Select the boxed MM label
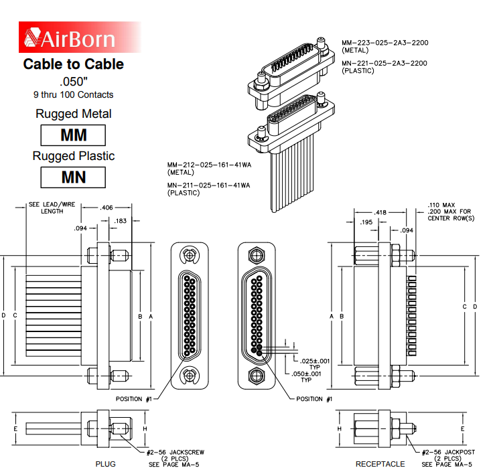[x=74, y=135]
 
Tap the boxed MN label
[x=74, y=177]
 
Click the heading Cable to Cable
[x=74, y=64]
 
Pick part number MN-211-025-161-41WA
[x=208, y=185]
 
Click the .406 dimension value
[x=107, y=208]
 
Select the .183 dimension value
[x=121, y=221]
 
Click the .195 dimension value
[x=366, y=222]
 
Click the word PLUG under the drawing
[x=105, y=463]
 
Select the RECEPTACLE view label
[x=380, y=463]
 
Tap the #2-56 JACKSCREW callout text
[x=175, y=453]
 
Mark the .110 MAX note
[x=441, y=205]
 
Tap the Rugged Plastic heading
[x=74, y=156]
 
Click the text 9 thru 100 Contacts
[x=74, y=94]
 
